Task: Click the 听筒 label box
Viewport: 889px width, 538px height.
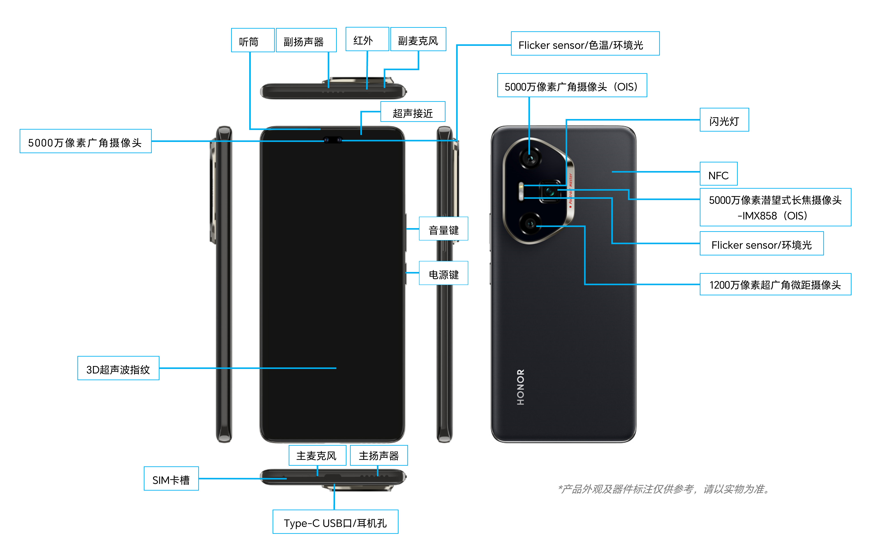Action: pyautogui.click(x=253, y=40)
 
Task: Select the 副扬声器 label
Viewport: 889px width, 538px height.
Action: pyautogui.click(x=306, y=40)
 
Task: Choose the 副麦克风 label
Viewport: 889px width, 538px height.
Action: pyautogui.click(x=418, y=40)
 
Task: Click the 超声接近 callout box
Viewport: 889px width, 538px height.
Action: pyautogui.click(x=413, y=112)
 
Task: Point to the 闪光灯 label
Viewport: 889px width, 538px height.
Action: pyautogui.click(x=724, y=120)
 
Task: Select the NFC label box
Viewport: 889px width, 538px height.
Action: pyautogui.click(x=718, y=174)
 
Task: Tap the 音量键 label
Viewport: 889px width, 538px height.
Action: pyautogui.click(x=444, y=229)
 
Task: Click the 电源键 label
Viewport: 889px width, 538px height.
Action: pyautogui.click(x=444, y=273)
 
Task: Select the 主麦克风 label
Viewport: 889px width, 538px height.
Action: pyautogui.click(x=317, y=455)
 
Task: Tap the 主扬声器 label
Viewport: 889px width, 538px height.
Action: pyautogui.click(x=379, y=455)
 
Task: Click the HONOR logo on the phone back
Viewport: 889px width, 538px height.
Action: pyautogui.click(x=520, y=387)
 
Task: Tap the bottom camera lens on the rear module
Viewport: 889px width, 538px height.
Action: pyautogui.click(x=530, y=223)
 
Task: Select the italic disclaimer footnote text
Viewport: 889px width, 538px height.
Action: pyautogui.click(x=664, y=489)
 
